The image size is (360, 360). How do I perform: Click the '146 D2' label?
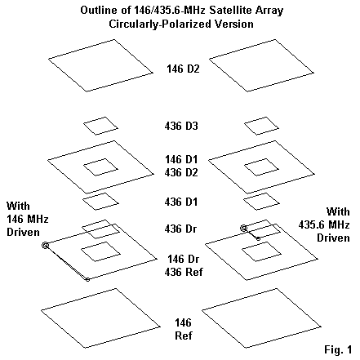point(183,69)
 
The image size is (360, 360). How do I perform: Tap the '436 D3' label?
point(181,126)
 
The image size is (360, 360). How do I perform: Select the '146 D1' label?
point(181,159)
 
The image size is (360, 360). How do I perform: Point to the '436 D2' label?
point(181,172)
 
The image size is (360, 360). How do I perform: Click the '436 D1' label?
point(181,202)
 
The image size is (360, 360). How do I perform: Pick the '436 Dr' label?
point(180,229)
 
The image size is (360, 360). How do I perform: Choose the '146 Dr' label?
point(184,259)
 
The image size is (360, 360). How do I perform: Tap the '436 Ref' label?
point(184,272)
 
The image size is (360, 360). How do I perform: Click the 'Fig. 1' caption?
point(338,349)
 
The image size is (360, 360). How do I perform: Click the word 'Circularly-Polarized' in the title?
point(160,24)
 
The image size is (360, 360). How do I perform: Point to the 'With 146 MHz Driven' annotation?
point(27,219)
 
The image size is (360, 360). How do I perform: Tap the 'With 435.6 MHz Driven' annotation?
point(324,224)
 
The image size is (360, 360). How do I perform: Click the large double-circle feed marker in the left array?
point(46,246)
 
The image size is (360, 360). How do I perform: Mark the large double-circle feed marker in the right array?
point(243,229)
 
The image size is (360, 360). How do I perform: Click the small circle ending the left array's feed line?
point(87,279)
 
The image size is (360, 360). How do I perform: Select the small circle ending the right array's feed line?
point(258,239)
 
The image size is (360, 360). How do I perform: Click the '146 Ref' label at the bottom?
point(184,329)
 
